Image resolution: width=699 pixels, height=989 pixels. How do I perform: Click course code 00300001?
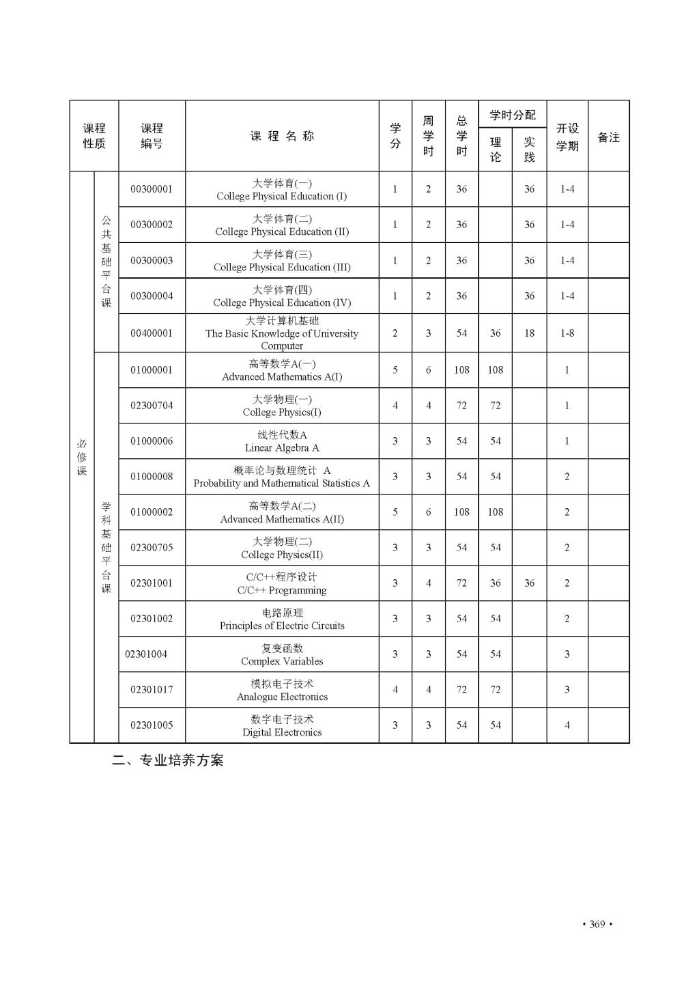tap(152, 189)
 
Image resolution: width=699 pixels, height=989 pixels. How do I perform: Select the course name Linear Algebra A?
tap(282, 441)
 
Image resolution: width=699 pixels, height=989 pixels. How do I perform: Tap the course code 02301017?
tap(152, 690)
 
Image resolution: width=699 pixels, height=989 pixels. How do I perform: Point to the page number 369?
tap(597, 924)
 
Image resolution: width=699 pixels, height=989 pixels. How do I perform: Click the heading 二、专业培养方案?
tap(168, 760)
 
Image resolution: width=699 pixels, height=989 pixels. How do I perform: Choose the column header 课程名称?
tap(282, 136)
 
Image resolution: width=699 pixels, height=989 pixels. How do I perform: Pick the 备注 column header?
tap(608, 137)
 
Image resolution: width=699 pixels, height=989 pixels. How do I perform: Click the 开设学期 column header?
tap(567, 137)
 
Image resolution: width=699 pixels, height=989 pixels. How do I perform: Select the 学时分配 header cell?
tap(513, 115)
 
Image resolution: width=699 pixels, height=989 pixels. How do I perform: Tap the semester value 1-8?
tap(567, 333)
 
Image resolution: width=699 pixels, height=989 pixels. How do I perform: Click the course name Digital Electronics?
tap(282, 725)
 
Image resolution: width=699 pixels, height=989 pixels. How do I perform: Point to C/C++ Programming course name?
tap(282, 583)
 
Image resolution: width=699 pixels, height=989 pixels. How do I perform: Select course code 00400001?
tap(152, 333)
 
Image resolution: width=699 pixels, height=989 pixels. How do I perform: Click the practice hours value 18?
tap(529, 333)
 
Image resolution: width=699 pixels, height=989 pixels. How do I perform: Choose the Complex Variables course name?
tap(282, 654)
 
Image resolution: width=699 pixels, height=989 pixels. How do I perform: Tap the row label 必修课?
tap(82, 458)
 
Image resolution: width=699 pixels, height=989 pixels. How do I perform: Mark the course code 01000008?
tap(152, 477)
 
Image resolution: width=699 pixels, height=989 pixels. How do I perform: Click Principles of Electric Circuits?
tap(282, 619)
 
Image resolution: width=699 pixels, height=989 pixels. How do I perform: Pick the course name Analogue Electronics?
tap(282, 690)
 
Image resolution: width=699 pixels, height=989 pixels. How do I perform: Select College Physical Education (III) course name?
tap(282, 260)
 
